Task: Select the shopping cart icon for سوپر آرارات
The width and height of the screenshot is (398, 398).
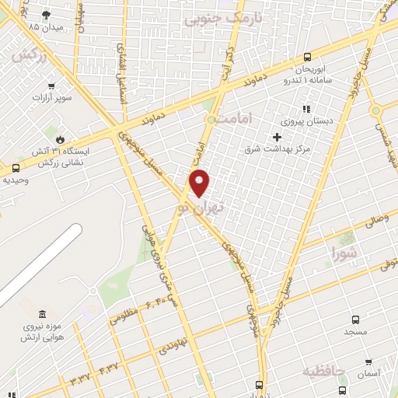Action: [52, 86]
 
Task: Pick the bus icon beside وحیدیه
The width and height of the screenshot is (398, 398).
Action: [16, 168]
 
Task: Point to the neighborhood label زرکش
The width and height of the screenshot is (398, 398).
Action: [26, 55]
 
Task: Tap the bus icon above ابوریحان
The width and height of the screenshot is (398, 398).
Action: [308, 57]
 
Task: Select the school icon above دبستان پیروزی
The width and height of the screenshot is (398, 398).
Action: [306, 110]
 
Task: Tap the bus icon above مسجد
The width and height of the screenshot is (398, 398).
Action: [355, 319]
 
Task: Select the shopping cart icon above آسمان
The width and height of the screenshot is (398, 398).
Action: [367, 361]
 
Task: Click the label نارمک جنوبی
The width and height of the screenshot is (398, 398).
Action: [215, 17]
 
